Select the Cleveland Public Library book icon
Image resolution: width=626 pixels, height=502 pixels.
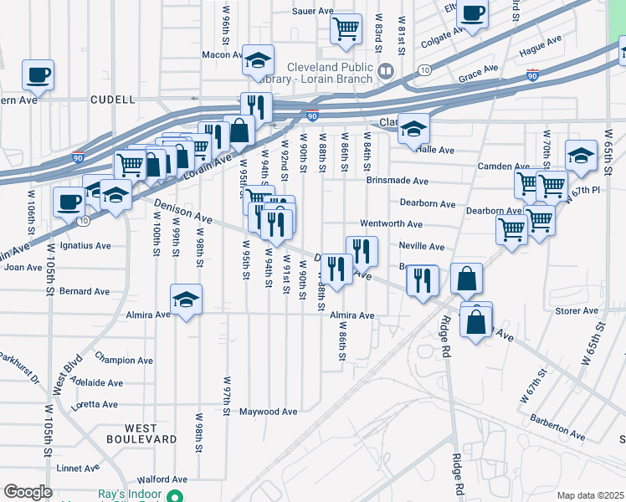[x=385, y=70]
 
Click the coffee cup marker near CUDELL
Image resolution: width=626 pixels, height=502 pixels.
[x=38, y=75]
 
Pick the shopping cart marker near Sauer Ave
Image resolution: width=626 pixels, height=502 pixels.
[x=346, y=29]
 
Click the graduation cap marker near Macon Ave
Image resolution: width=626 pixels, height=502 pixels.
[x=258, y=60]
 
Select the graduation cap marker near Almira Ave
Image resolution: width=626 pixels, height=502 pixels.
[x=186, y=300]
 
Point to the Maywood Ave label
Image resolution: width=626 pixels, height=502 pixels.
[x=268, y=412]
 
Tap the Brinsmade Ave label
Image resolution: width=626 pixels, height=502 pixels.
[x=397, y=181]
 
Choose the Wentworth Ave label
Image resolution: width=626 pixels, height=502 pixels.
[x=391, y=224]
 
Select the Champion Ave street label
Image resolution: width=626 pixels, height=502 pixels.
[x=123, y=361]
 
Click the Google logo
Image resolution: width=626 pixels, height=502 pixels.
[x=28, y=493]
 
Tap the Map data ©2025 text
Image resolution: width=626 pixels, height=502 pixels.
[x=590, y=495]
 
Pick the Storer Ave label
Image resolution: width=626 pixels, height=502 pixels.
[x=577, y=310]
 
